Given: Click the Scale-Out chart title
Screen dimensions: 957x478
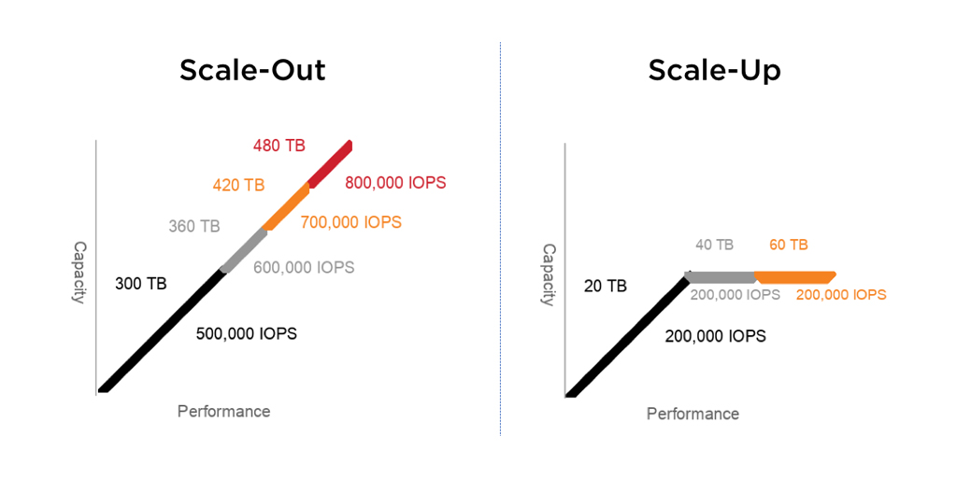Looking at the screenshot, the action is (252, 71).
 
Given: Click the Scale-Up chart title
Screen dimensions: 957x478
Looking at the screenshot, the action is (714, 71).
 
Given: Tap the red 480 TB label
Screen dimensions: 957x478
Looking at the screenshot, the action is (279, 146).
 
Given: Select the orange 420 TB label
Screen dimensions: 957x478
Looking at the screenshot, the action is (238, 186).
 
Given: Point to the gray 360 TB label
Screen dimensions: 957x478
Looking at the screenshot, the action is (194, 226).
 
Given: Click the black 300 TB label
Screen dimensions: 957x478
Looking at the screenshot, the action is (140, 284).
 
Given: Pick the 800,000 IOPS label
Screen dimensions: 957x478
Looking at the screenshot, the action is (395, 182).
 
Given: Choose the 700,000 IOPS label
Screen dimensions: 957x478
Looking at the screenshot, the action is (351, 222).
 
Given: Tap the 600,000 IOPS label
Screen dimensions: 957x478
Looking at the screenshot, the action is (304, 268).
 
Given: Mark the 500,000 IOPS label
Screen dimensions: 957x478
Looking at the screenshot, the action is (247, 334).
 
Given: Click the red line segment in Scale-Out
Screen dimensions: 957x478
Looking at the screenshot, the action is (330, 163).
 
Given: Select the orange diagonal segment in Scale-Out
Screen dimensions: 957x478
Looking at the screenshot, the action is (286, 207).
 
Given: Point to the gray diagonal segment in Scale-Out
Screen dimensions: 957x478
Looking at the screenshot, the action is (244, 250).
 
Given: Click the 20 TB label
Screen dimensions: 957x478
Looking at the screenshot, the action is (606, 286).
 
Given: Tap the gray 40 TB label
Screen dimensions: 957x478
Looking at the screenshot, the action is (714, 246).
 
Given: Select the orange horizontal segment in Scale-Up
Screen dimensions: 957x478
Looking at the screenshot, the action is (794, 277).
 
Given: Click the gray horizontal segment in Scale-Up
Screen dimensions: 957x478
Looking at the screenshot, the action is (721, 277).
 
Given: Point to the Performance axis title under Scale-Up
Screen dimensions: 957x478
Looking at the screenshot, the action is (693, 414).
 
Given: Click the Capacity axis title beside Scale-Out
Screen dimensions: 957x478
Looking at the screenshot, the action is (79, 272).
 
